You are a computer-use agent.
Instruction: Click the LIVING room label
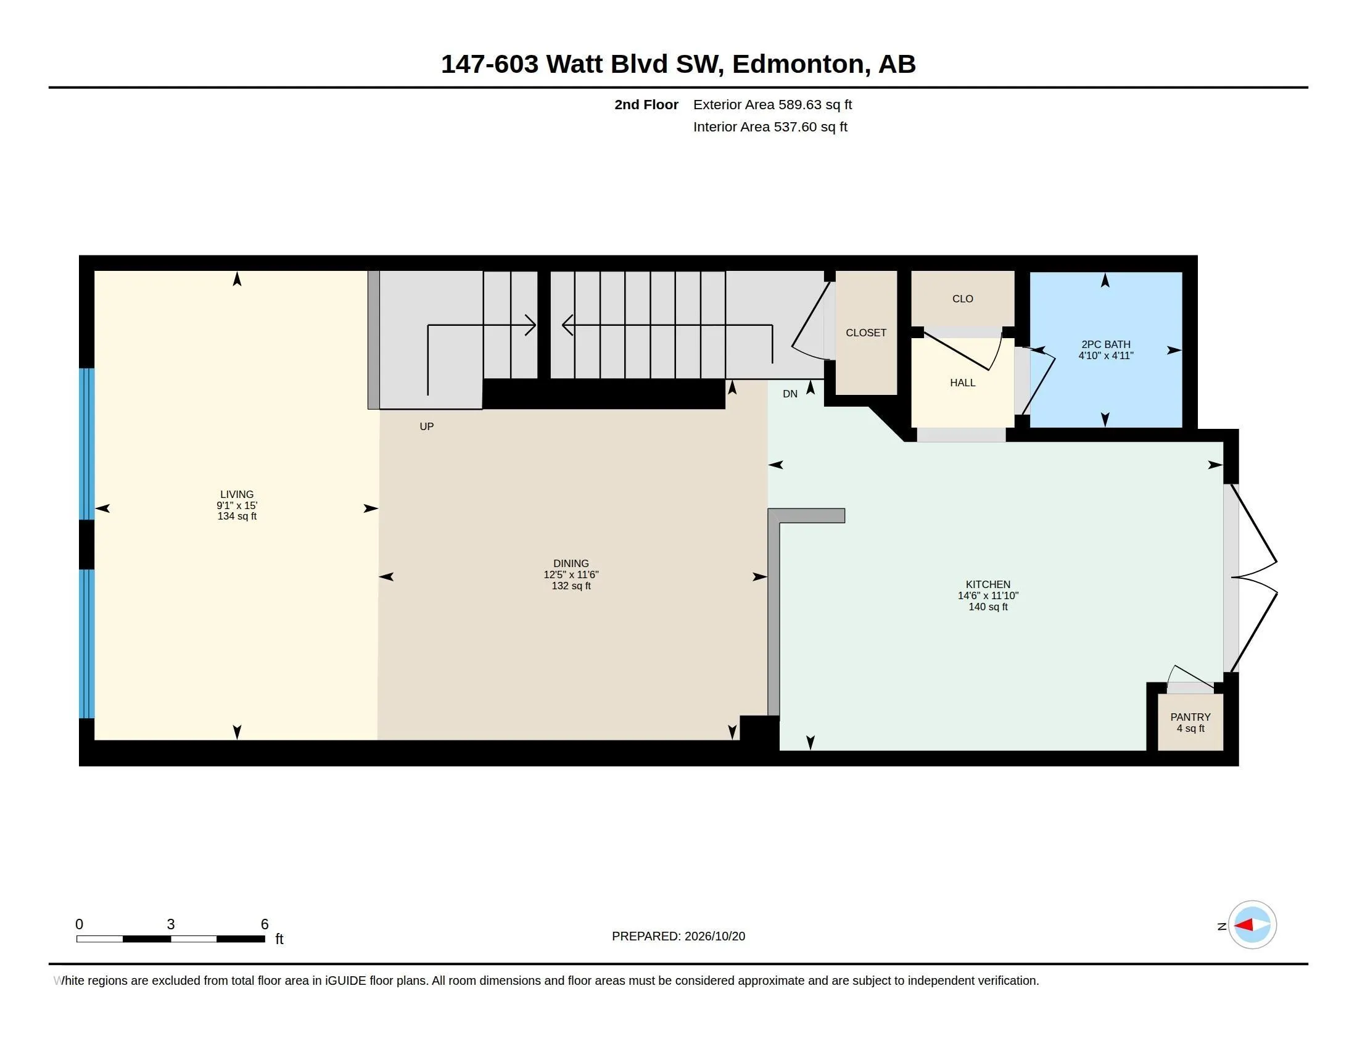coord(237,495)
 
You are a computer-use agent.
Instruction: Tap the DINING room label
coord(571,563)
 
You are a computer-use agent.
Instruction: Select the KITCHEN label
coord(988,584)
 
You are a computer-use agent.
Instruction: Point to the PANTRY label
coord(1190,717)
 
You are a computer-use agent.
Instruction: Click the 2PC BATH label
coord(1106,344)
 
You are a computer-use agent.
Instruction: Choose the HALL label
coord(962,383)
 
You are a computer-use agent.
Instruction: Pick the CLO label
coord(962,299)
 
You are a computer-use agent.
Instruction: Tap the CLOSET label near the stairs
coord(866,333)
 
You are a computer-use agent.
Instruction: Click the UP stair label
coord(426,426)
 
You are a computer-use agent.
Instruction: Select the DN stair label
coord(790,394)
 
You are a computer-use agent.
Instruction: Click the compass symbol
coord(1252,925)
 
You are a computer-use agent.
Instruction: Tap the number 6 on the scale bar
coord(265,924)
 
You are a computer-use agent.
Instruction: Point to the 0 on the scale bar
coord(79,924)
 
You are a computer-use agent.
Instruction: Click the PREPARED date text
coord(678,936)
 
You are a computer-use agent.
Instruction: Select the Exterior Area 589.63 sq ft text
coord(772,104)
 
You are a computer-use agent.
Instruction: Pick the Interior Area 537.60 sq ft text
coord(770,126)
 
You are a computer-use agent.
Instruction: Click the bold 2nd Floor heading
coord(646,104)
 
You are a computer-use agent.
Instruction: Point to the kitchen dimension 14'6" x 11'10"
coord(988,595)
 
